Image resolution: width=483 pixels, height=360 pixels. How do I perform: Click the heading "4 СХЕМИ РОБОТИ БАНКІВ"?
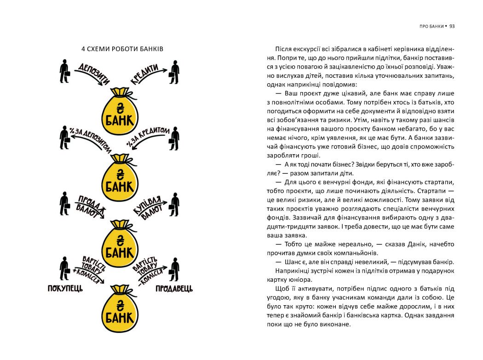tap(122, 49)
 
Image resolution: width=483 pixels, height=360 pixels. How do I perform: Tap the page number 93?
tap(452, 26)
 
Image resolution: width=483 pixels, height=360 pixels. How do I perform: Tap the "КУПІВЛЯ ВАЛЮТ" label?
tap(150, 205)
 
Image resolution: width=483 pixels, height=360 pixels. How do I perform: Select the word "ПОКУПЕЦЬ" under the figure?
tap(65, 289)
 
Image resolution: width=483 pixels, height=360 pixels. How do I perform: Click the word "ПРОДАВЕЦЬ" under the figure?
tap(174, 289)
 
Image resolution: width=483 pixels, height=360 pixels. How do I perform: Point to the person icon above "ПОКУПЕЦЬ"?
tap(64, 268)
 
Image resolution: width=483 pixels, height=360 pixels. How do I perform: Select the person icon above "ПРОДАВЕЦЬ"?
tap(174, 268)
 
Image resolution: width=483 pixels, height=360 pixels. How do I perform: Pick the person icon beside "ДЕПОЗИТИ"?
tap(64, 71)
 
